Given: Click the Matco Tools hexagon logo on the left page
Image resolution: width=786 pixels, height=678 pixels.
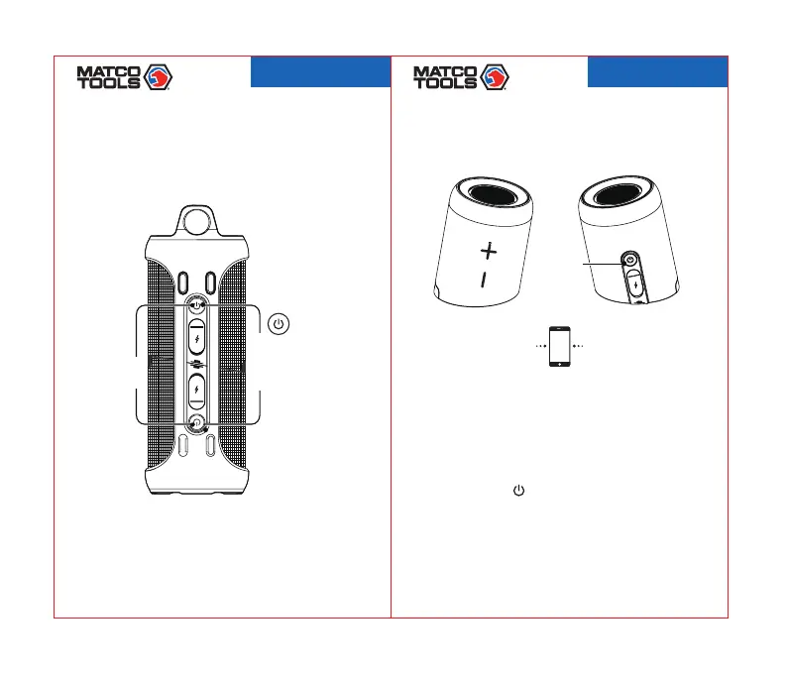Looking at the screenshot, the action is [x=158, y=77].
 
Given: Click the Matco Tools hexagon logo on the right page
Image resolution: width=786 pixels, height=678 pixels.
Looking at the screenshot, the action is [x=495, y=77].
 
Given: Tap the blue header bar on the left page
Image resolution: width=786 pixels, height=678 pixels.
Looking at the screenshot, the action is [x=321, y=71].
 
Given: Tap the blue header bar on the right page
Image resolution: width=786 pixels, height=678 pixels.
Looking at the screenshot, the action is [x=658, y=71].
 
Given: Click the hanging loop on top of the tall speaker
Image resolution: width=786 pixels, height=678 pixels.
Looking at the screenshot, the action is [x=196, y=220].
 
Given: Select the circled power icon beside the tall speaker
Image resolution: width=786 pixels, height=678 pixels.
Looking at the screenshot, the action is [x=279, y=324].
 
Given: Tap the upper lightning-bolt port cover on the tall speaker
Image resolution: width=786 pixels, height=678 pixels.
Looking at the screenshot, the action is [x=197, y=337].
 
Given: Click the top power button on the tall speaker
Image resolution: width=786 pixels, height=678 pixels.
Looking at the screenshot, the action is [x=197, y=304].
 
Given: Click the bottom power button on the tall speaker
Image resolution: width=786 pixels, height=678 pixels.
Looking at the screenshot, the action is [x=197, y=423].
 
